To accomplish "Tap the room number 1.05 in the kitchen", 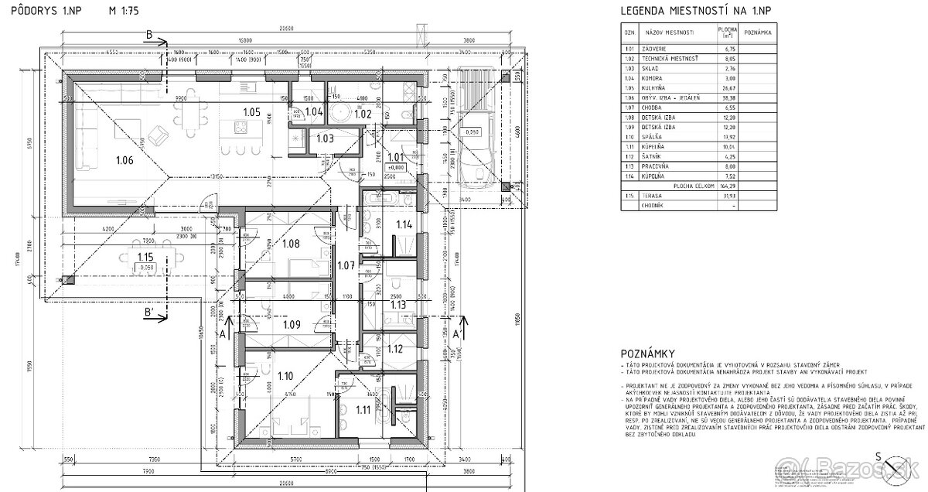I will click(251, 111).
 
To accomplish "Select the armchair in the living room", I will click(159, 135).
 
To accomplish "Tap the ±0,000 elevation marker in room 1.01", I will click(396, 167).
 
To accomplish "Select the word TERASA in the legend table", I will click(652, 196).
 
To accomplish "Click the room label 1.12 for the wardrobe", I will click(395, 349).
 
